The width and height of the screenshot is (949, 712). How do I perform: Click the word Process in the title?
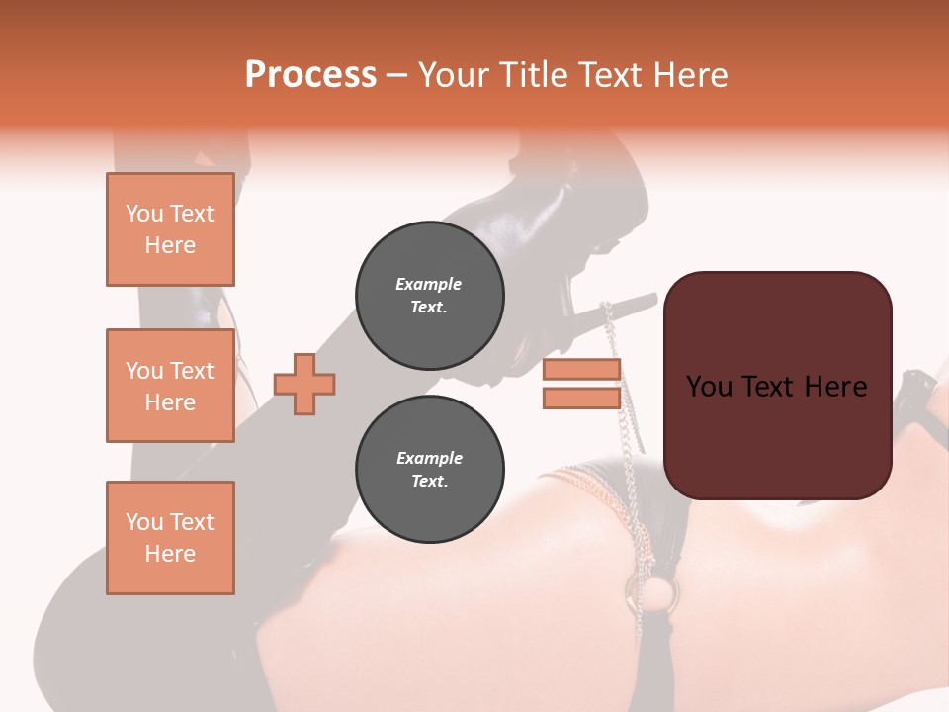point(310,75)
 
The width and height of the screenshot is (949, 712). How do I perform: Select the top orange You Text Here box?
point(170,229)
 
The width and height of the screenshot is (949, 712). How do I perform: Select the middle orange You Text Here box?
point(170,386)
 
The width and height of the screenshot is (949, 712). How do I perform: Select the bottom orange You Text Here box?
point(170,538)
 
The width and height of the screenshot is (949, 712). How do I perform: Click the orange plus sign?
point(304,385)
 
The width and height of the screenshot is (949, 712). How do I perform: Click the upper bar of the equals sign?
point(581,370)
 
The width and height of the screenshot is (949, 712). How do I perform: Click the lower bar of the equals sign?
point(581,398)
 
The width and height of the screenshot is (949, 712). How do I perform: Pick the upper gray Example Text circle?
point(429,296)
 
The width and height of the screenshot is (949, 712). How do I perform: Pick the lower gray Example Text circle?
point(429,470)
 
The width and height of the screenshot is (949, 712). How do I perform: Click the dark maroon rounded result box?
point(777,386)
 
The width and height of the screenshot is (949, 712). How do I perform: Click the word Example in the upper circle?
point(429,284)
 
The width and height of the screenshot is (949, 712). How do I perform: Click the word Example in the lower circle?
point(429,458)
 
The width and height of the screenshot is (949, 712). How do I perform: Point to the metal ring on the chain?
point(661,593)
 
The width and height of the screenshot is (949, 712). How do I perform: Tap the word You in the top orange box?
point(144,214)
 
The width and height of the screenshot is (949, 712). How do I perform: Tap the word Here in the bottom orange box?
point(170,554)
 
